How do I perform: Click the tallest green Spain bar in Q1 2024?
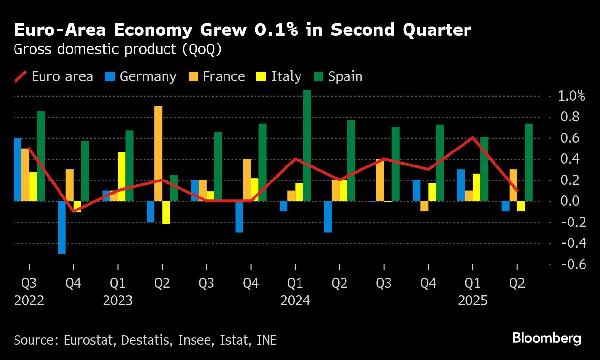tap(307, 145)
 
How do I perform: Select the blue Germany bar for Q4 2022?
tap(61, 227)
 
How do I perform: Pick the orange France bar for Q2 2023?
tap(158, 153)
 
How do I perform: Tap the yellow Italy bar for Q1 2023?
tap(121, 177)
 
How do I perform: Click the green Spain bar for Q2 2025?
tap(529, 162)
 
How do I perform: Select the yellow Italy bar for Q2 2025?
tap(521, 206)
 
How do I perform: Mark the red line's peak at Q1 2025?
tap(473, 138)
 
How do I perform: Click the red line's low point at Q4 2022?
tap(73, 211)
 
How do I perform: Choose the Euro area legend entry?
tap(54, 76)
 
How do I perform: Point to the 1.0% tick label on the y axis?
tap(571, 96)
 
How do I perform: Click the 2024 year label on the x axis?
tap(295, 301)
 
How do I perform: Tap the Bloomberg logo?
tap(547, 338)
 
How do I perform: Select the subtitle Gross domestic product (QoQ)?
tap(118, 50)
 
